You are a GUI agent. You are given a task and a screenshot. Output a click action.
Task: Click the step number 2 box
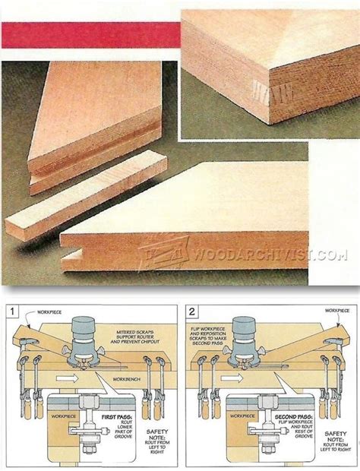coord(193,311)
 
